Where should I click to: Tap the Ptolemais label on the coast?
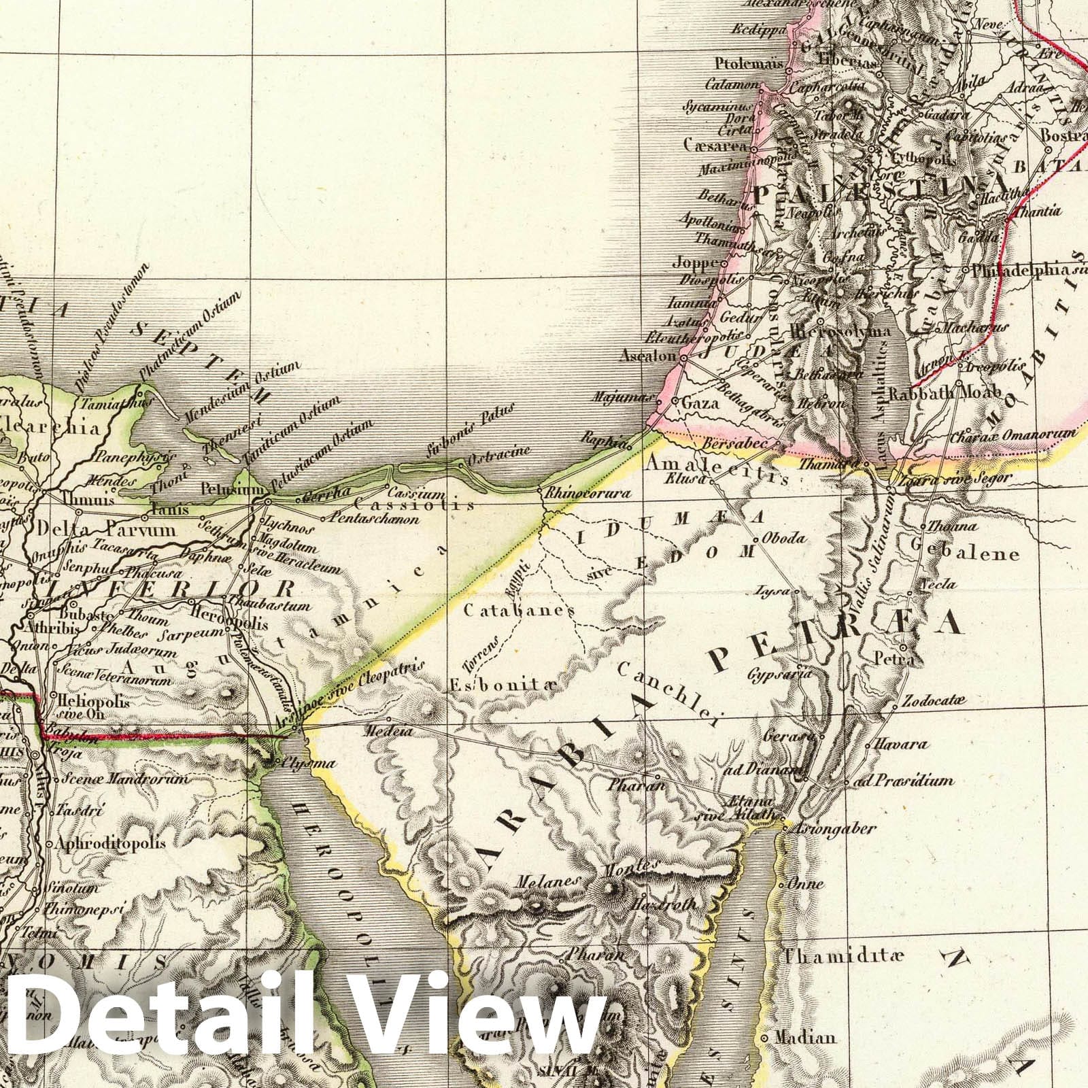click(x=747, y=64)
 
